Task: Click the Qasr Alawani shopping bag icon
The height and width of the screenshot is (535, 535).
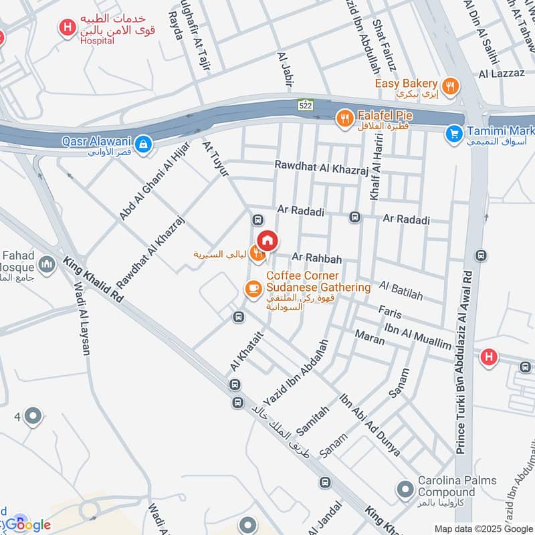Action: pos(142,143)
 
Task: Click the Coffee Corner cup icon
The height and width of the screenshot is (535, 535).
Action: pos(252,288)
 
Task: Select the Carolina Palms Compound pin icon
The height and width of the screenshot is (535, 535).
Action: pos(404,490)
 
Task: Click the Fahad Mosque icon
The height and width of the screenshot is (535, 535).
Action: pos(46,265)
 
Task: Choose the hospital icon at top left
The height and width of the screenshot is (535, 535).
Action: pos(67,27)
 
